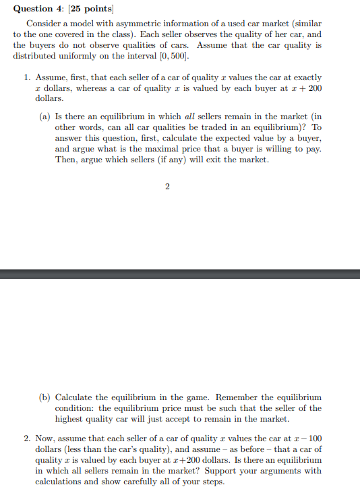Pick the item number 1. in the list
click(28, 78)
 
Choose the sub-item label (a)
click(45, 116)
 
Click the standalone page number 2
click(167, 187)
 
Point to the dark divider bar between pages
click(180, 273)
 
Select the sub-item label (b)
click(45, 397)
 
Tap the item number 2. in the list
click(28, 439)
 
